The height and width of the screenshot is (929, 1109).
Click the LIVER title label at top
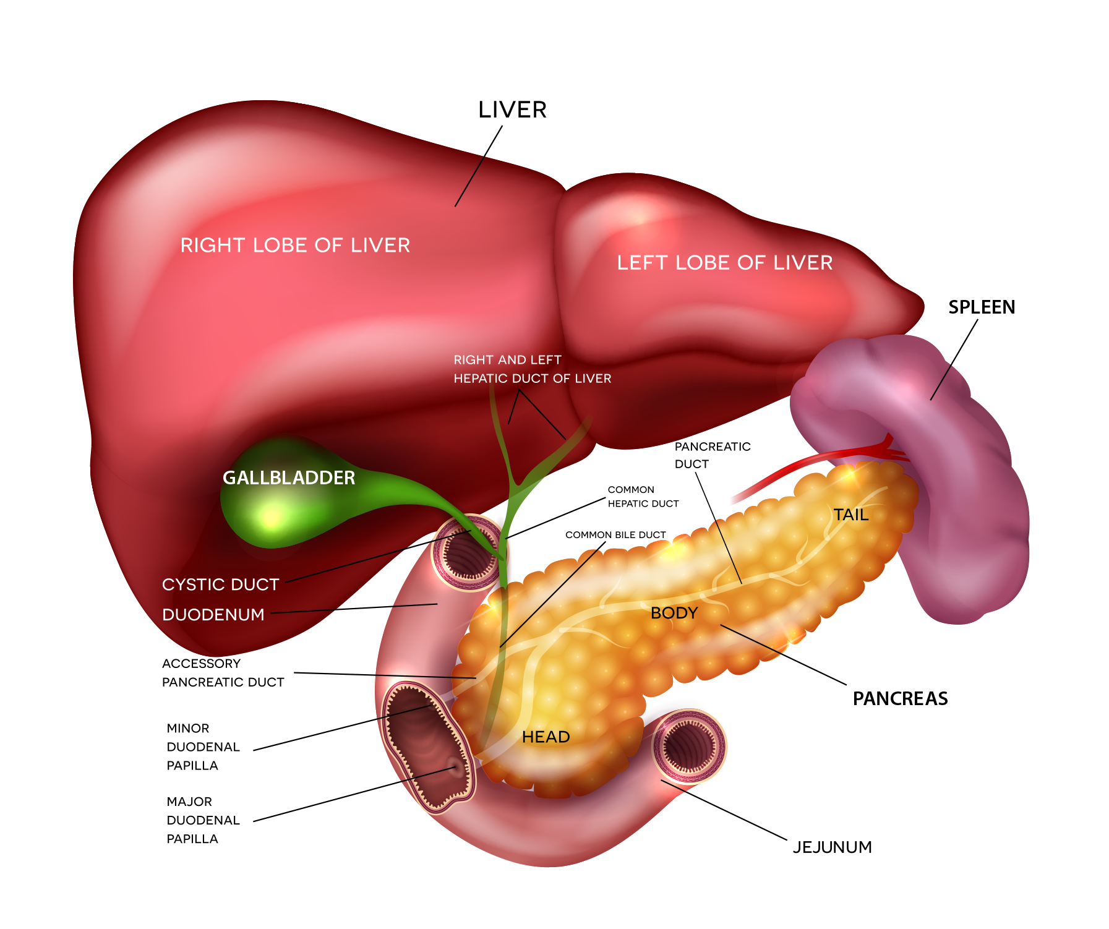[x=512, y=110]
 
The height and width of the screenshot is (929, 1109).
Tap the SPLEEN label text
[x=982, y=307]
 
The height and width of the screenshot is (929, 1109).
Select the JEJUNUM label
[x=832, y=847]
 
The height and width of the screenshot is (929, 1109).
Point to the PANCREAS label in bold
[x=900, y=699]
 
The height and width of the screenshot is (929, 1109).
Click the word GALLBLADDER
[x=289, y=478]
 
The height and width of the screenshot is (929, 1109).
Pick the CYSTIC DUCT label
[x=220, y=585]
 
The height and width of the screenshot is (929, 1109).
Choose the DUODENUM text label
[x=213, y=615]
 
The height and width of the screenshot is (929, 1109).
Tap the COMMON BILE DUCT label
[x=615, y=535]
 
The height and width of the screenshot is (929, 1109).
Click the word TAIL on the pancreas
[x=850, y=515]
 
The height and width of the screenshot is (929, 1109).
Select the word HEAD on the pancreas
[x=546, y=737]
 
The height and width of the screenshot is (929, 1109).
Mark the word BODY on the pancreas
[x=674, y=613]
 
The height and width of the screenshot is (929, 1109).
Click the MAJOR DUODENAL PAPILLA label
[x=203, y=820]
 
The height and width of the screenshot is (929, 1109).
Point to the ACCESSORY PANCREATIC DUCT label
[x=223, y=673]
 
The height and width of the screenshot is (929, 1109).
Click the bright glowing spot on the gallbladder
[x=271, y=516]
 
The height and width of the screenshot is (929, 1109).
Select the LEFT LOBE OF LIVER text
[x=724, y=263]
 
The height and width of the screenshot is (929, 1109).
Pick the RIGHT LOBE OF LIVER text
[x=295, y=246]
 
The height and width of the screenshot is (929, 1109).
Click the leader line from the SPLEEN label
[x=954, y=359]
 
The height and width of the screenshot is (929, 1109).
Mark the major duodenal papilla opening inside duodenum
[x=456, y=767]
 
